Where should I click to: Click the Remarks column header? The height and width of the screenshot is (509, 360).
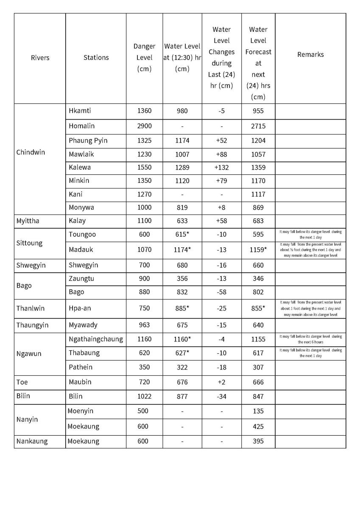pyautogui.click(x=310, y=54)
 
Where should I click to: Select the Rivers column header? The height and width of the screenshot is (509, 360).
pyautogui.click(x=40, y=58)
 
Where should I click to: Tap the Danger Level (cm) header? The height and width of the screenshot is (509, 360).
pyautogui.click(x=144, y=58)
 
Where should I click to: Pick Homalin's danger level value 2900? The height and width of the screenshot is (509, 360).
pyautogui.click(x=144, y=126)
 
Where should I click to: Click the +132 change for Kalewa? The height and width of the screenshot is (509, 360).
pyautogui.click(x=221, y=167)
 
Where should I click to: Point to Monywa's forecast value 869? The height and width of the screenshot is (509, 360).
pyautogui.click(x=258, y=207)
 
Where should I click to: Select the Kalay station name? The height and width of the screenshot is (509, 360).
pyautogui.click(x=77, y=221)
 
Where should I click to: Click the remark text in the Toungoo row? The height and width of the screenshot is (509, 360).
pyautogui.click(x=310, y=235)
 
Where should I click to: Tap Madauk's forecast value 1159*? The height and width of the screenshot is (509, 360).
pyautogui.click(x=258, y=250)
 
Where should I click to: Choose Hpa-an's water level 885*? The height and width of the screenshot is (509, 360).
pyautogui.click(x=182, y=308)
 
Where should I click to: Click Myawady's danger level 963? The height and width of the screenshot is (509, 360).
pyautogui.click(x=144, y=325)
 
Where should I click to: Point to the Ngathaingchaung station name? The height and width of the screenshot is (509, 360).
pyautogui.click(x=95, y=339)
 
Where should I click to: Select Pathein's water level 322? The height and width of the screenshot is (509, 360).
pyautogui.click(x=182, y=367)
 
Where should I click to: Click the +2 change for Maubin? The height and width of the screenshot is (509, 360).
pyautogui.click(x=221, y=382)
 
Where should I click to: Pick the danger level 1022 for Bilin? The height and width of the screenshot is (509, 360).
pyautogui.click(x=144, y=396)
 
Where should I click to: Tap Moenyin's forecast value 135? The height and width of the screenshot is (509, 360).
pyautogui.click(x=258, y=411)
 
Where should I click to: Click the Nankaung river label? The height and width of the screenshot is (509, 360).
pyautogui.click(x=32, y=441)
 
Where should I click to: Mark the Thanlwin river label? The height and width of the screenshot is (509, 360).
pyautogui.click(x=30, y=308)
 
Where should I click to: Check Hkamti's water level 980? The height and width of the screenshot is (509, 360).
pyautogui.click(x=182, y=111)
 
